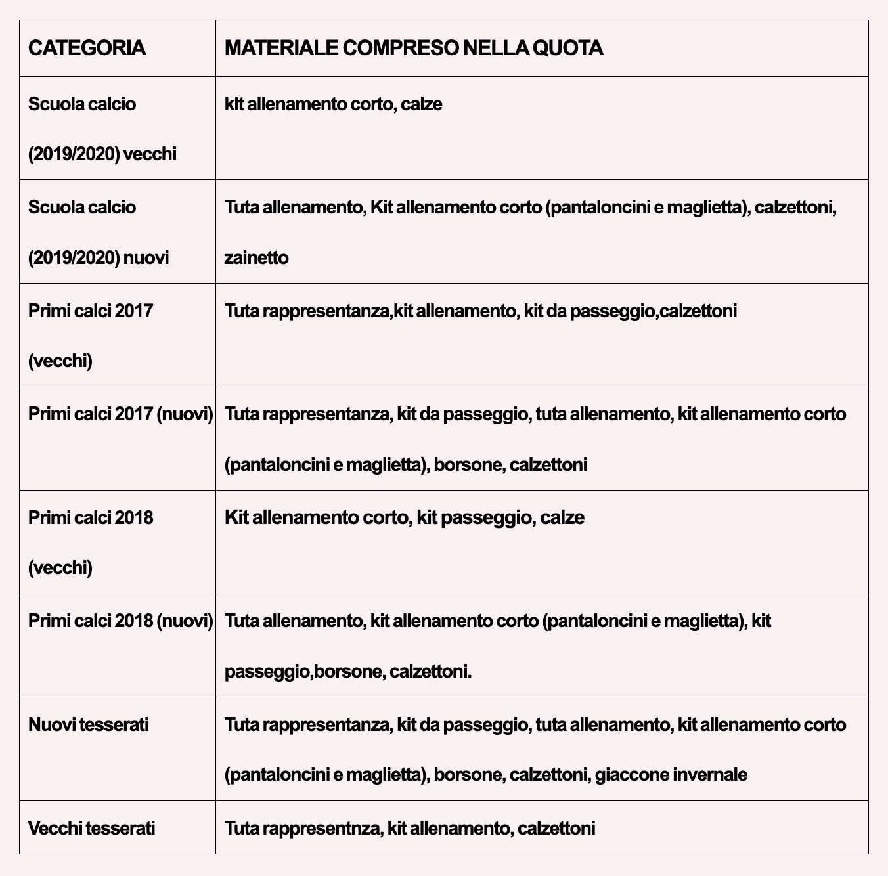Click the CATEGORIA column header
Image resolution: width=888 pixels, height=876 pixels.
coord(87,48)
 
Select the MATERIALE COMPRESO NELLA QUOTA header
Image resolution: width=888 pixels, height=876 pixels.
coord(414,48)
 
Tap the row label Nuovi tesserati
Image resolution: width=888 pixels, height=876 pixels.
coord(89,724)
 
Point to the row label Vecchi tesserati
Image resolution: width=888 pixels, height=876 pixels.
coord(92,828)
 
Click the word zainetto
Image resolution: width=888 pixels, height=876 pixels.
coord(256,257)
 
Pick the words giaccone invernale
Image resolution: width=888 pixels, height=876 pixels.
coord(671,774)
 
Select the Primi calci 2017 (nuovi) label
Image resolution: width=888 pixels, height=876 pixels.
coord(121,414)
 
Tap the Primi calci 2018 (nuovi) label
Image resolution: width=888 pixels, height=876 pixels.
coord(121,621)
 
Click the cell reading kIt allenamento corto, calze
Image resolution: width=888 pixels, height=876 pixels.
coord(334,104)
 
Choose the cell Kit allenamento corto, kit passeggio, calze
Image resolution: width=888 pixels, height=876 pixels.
coord(404,517)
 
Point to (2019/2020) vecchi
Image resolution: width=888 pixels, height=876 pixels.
coord(102,154)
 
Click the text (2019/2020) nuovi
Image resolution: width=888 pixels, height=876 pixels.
coord(99,257)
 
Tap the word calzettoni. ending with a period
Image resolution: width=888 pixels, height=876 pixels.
coord(430,672)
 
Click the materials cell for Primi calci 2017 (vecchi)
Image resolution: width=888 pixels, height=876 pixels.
coord(481,311)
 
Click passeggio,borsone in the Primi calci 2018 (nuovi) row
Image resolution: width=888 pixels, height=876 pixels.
coord(303,672)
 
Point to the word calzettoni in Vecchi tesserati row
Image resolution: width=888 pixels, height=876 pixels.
coord(556,828)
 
